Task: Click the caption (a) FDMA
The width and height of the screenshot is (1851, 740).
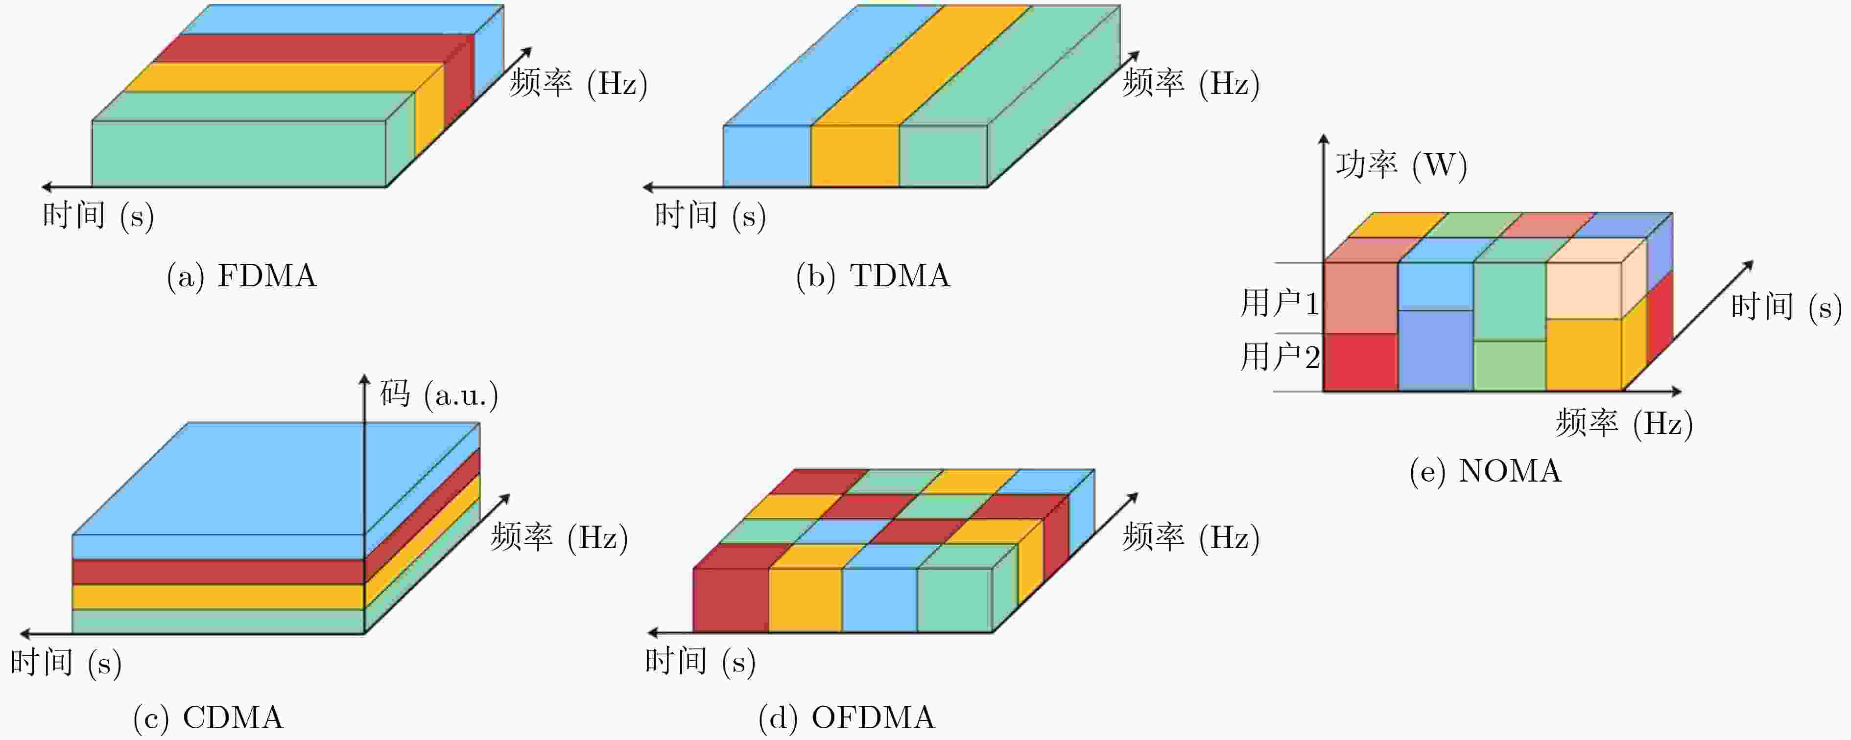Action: (x=241, y=276)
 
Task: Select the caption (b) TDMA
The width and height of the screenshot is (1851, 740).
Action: (x=873, y=276)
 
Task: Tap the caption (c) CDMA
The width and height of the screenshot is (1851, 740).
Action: (x=209, y=717)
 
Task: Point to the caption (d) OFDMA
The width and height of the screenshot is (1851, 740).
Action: (x=847, y=717)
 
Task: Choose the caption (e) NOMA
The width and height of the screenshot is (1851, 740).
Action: (x=1485, y=471)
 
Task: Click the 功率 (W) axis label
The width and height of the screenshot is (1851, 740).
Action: (x=1401, y=165)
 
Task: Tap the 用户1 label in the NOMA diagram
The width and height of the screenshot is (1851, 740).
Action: (x=1280, y=302)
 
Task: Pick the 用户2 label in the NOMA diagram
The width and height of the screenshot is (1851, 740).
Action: (x=1280, y=356)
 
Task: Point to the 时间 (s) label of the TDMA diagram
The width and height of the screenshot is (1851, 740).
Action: (x=710, y=215)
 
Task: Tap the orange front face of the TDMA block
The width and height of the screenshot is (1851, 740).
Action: (x=855, y=156)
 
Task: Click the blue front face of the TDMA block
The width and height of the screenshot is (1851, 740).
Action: (x=767, y=156)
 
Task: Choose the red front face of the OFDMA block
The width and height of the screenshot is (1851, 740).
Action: (x=731, y=601)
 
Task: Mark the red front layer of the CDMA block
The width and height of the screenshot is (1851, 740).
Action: (x=218, y=572)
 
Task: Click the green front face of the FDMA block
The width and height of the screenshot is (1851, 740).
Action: (x=239, y=154)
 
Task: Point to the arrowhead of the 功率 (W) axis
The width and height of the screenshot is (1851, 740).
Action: (x=1324, y=139)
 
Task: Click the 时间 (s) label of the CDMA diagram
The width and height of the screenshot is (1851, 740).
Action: (x=66, y=662)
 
